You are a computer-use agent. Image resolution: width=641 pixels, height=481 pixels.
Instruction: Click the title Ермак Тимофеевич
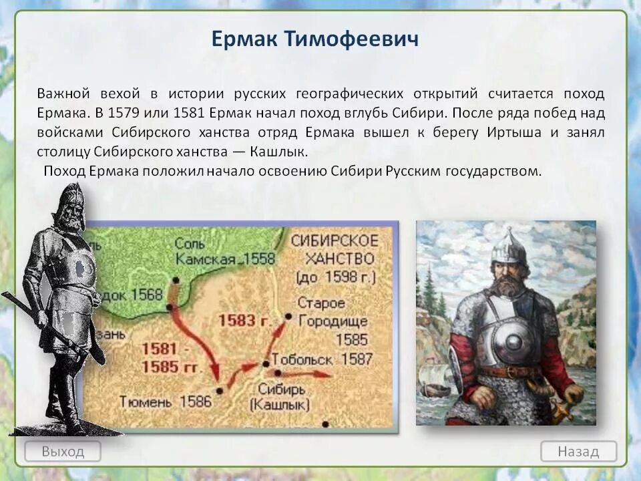315,39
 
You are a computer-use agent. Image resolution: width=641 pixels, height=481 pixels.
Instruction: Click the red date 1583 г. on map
244,320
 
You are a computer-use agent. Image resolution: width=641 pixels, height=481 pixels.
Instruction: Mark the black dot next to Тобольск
266,363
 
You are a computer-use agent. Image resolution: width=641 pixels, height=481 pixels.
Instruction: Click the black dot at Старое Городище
288,316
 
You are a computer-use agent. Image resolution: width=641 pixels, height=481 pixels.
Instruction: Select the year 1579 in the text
124,112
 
